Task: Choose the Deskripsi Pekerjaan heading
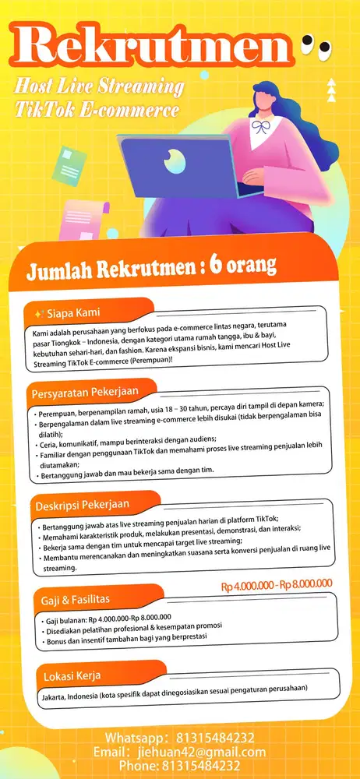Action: [x=82, y=505]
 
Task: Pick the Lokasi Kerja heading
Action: [x=71, y=674]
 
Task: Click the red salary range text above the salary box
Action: [x=277, y=583]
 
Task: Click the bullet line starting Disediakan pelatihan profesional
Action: [x=134, y=626]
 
